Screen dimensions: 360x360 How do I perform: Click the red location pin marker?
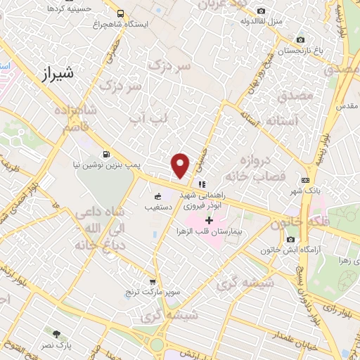coord(181,164)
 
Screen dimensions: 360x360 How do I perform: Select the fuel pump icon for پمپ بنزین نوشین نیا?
coord(106,154)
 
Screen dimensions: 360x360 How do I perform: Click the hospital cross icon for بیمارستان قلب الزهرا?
coord(210,220)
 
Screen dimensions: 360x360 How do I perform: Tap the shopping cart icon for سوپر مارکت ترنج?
coord(152,282)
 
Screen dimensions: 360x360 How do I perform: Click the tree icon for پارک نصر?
coord(56,333)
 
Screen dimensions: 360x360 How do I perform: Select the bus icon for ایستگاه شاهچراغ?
coord(121,13)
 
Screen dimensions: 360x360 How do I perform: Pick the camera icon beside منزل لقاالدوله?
coord(262,11)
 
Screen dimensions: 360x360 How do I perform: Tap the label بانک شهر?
coord(309,191)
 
